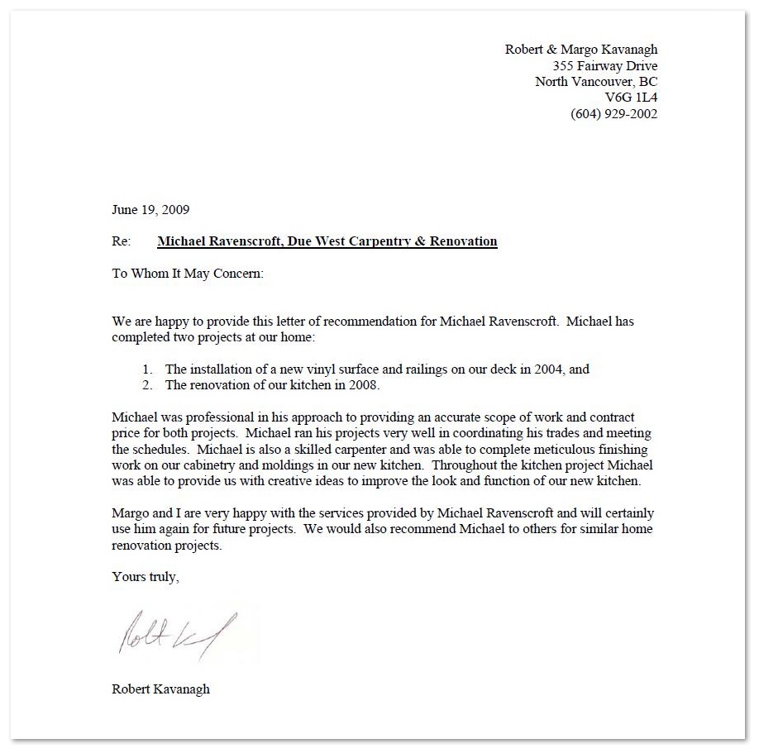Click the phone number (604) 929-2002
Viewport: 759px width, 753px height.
[613, 114]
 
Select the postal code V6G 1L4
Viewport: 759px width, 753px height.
[631, 98]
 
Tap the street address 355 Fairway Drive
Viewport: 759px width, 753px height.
[605, 65]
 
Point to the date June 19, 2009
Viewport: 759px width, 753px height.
[150, 210]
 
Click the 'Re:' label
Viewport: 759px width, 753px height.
[122, 242]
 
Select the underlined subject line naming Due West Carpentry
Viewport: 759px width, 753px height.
[327, 242]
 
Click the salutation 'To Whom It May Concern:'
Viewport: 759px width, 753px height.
[188, 274]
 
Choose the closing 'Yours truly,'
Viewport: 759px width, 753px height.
[146, 577]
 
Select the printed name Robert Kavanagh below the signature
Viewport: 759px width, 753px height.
[160, 689]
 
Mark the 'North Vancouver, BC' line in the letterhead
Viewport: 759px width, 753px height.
[596, 82]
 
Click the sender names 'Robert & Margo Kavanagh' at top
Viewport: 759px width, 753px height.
[581, 50]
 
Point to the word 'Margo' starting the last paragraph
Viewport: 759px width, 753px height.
[130, 513]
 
